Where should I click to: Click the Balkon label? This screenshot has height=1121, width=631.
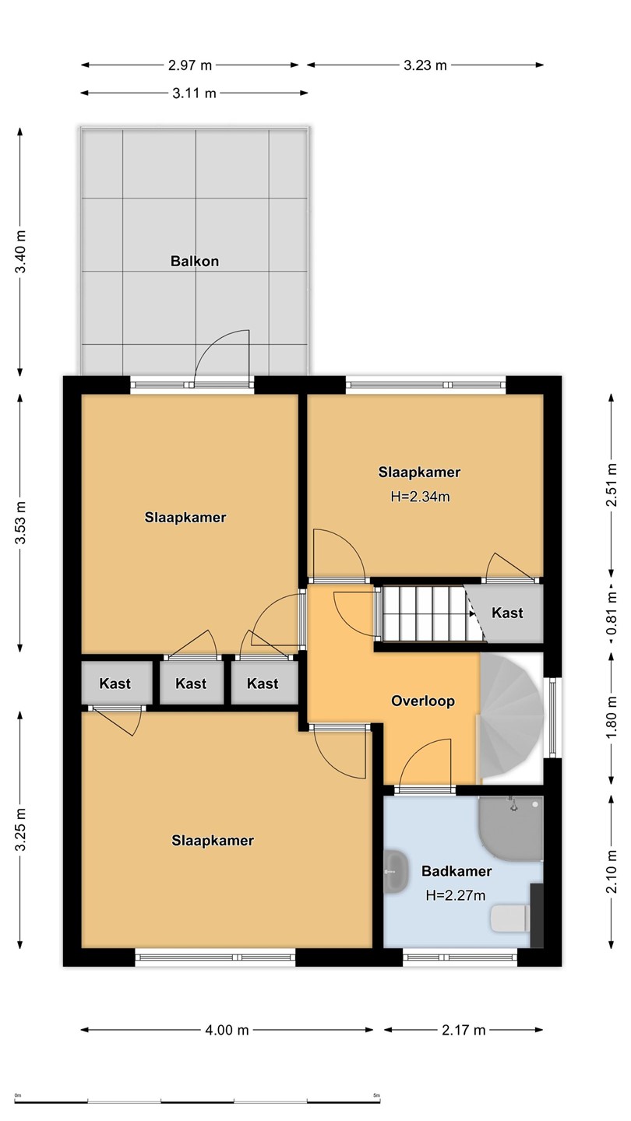point(194,262)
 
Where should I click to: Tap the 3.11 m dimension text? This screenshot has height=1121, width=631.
point(194,93)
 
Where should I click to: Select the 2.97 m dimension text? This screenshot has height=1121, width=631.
point(190,65)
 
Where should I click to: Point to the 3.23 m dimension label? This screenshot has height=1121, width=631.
point(425,65)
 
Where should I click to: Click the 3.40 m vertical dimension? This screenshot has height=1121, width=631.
point(20,251)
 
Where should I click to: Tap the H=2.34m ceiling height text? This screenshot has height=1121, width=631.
point(420,497)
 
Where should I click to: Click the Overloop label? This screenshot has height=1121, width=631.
point(423,701)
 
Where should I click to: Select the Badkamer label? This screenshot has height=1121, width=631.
point(457,871)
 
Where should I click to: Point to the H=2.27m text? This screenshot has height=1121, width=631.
point(456,895)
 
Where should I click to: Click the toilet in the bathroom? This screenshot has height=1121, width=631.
point(510,919)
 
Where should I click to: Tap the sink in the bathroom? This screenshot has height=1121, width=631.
point(396,871)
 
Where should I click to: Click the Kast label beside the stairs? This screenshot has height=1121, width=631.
point(507,613)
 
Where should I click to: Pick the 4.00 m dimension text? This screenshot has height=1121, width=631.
point(227,1030)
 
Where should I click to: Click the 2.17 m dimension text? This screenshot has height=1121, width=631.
point(464,1030)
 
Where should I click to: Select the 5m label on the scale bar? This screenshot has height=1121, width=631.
point(376,1094)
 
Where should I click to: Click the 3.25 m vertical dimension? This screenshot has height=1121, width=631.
point(20,830)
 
